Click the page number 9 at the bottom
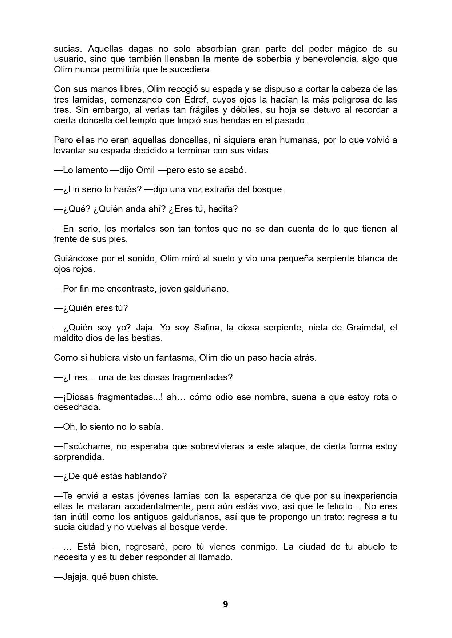225,604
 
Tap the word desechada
77,407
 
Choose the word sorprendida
79,457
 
